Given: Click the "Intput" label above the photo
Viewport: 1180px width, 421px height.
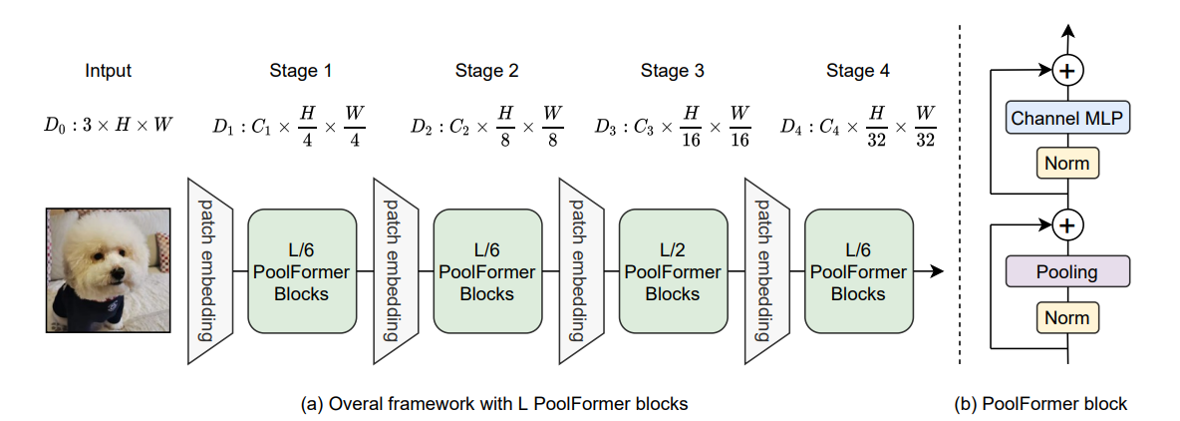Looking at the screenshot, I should click(108, 71).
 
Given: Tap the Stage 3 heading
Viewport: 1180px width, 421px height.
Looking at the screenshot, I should click(672, 71).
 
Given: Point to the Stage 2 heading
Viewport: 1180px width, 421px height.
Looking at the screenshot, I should click(486, 71).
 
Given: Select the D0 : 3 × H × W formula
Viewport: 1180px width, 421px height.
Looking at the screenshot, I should click(108, 126).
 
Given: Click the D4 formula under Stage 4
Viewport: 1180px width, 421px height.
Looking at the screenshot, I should click(858, 126).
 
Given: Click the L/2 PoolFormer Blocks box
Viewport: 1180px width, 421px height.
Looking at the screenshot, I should click(673, 271).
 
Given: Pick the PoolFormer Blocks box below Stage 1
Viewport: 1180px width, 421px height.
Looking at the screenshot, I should click(301, 271).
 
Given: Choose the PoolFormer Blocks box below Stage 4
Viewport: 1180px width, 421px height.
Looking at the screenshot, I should click(858, 271).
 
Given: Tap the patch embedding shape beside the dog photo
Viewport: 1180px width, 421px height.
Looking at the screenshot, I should click(209, 271).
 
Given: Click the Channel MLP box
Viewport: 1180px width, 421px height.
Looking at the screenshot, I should click(1067, 119).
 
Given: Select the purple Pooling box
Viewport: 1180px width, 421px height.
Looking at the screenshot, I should click(1067, 271).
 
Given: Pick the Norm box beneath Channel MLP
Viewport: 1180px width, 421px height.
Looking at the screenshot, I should click(1067, 163).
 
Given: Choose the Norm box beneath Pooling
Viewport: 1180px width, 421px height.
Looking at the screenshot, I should click(1067, 318).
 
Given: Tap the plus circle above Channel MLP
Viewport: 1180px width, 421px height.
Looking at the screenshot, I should click(1067, 71).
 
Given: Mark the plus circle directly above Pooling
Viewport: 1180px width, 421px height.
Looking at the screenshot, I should click(1067, 225).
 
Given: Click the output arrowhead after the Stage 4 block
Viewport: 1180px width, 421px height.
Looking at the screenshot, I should click(937, 271).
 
